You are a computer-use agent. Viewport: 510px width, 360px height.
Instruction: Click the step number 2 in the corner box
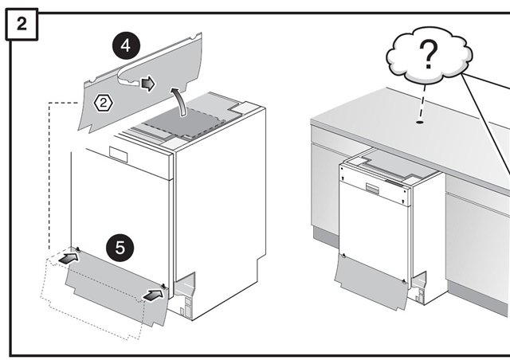(22, 24)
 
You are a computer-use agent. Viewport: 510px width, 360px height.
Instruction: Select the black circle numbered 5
(119, 247)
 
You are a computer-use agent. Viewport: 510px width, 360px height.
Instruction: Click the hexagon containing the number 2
(103, 102)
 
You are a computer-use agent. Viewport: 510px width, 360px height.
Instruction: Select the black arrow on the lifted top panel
(147, 84)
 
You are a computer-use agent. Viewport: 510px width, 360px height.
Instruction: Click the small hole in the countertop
(418, 123)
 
